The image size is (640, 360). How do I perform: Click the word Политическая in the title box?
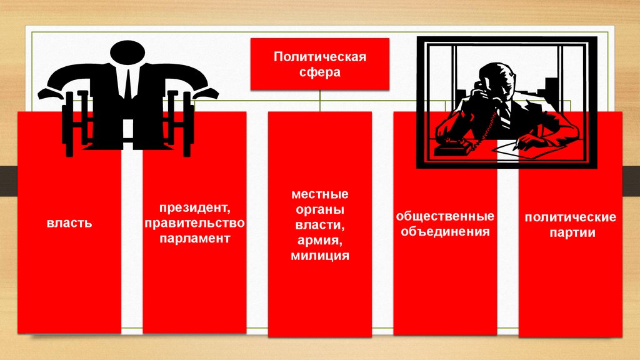coord(319,56)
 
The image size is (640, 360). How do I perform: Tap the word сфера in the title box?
coord(319,72)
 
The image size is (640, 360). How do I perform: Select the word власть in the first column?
coord(69,223)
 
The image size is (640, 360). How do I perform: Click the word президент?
coord(195,207)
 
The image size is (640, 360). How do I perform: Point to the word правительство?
coord(195,223)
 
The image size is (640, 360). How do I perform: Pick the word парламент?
coord(195,238)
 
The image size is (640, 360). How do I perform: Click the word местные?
coord(320,194)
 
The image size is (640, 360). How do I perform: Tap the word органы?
coord(320,209)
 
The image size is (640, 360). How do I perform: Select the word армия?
coord(320,241)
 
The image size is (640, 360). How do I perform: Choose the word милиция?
coord(320,256)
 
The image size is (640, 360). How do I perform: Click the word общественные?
coord(445,216)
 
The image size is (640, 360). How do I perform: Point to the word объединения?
coord(445,231)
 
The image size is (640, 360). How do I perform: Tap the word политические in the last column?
coord(570,217)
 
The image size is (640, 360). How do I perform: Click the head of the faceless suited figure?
coord(127,52)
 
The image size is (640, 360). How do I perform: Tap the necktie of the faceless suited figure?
coord(127,84)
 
